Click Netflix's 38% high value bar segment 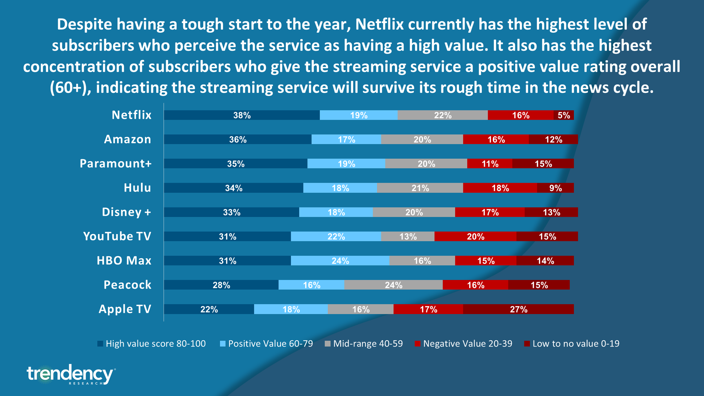[242, 115]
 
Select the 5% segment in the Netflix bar [563, 115]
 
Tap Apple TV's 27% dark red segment [518, 309]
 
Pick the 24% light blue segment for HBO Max [340, 261]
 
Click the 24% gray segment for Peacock [393, 285]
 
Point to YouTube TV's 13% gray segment [407, 237]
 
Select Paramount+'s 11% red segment [489, 164]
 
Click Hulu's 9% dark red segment [555, 188]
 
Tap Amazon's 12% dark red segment [553, 139]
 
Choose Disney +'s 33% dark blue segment [231, 212]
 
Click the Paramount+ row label [115, 164]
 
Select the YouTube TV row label [117, 236]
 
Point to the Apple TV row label [125, 309]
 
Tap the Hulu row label [137, 188]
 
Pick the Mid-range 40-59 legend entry [364, 344]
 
